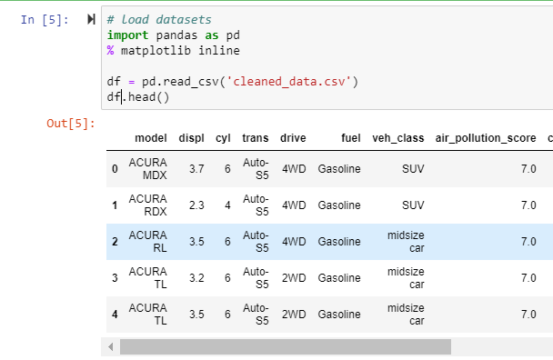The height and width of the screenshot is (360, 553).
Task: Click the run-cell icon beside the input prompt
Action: [90, 19]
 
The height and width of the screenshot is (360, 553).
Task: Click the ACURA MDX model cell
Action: [148, 169]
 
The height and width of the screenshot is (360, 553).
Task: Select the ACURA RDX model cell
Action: [148, 205]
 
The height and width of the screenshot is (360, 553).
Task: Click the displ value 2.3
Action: [196, 205]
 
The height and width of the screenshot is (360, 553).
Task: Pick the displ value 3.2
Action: [196, 278]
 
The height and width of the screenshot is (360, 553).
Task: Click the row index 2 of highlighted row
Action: [115, 242]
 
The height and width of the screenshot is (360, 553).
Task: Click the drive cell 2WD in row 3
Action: [294, 278]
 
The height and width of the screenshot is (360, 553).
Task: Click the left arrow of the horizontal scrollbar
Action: [111, 347]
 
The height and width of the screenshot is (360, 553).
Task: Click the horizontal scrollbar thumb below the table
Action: [286, 347]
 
